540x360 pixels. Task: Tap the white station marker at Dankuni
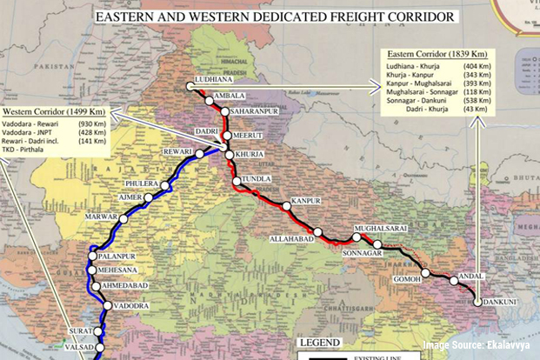[477, 302]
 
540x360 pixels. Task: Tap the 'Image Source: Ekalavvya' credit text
[479, 347]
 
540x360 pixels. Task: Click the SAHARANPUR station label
[251, 112]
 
